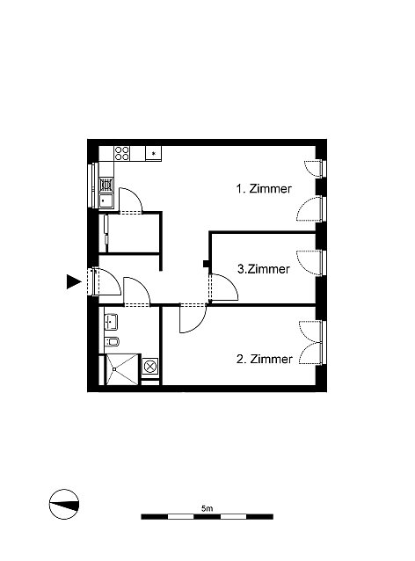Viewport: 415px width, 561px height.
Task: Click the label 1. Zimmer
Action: [264, 188]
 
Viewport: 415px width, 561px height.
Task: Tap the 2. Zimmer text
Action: [265, 359]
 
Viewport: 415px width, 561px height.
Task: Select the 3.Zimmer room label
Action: [264, 269]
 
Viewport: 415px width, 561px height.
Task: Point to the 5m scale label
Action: [207, 508]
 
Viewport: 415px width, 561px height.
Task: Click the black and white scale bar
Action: [207, 517]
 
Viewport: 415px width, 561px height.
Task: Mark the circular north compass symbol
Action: [64, 504]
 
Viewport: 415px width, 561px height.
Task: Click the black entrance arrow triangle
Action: [74, 281]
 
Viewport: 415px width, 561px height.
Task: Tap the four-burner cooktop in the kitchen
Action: [121, 154]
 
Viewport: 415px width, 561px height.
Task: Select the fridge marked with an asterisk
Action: [154, 153]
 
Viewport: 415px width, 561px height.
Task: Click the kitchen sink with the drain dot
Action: [106, 201]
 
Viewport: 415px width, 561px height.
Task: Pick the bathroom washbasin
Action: [111, 322]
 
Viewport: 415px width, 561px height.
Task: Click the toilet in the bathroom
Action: [112, 342]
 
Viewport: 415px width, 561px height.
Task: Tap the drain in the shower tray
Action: [114, 369]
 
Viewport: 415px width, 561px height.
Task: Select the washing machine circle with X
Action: [150, 367]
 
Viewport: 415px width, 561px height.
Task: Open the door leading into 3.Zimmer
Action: [223, 288]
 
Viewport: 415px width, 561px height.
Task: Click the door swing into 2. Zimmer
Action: [193, 318]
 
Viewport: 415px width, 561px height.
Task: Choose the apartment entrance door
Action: [106, 282]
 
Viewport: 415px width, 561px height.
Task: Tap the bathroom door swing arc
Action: [136, 291]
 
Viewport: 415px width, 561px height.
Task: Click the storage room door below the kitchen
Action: [131, 200]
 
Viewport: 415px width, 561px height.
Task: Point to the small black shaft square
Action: [206, 264]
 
